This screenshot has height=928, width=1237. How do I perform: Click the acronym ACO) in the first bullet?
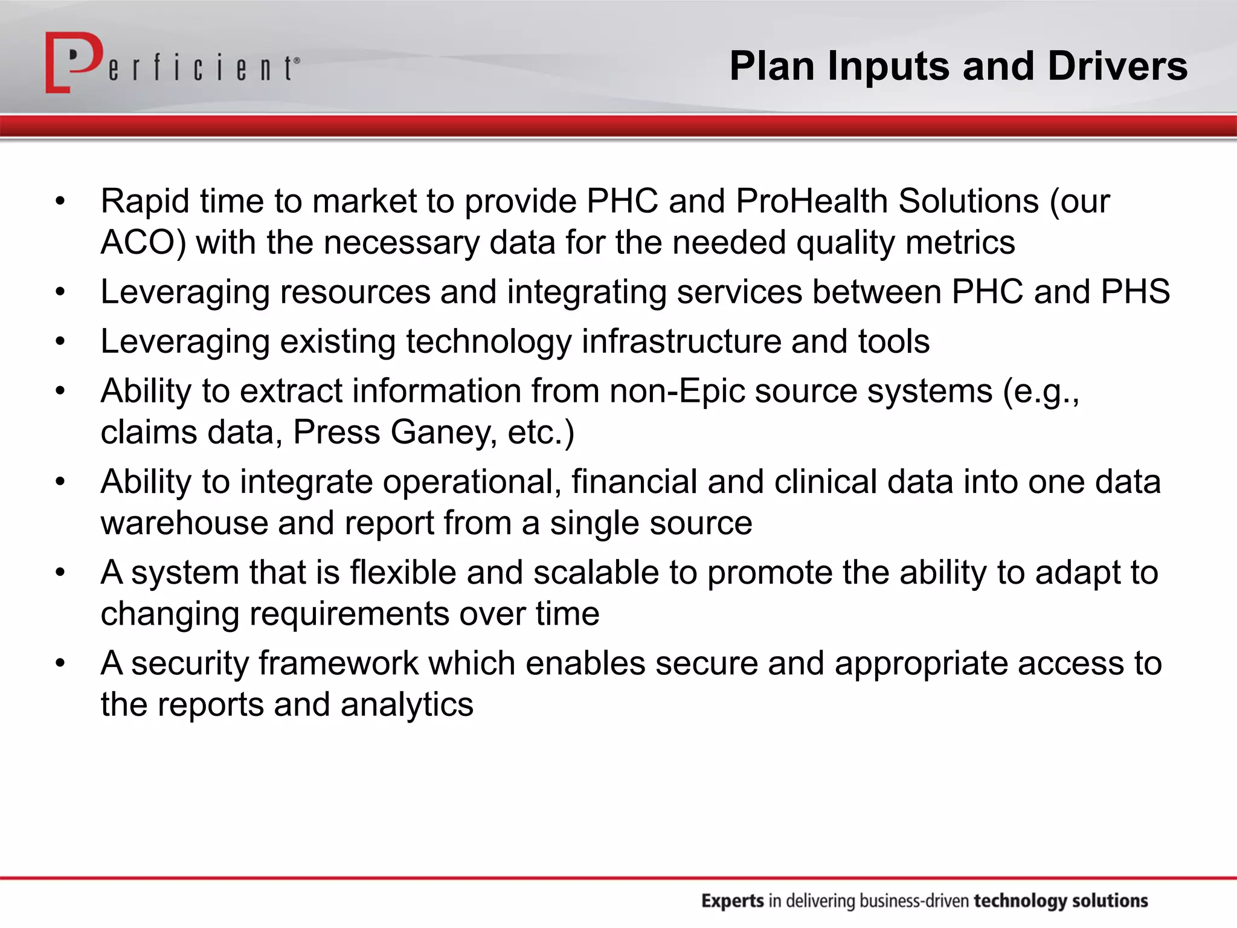[x=144, y=243]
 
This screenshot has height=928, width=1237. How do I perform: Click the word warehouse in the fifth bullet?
[x=184, y=523]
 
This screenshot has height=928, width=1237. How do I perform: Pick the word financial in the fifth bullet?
[x=634, y=482]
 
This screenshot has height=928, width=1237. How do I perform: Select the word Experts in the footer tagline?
[x=733, y=901]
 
